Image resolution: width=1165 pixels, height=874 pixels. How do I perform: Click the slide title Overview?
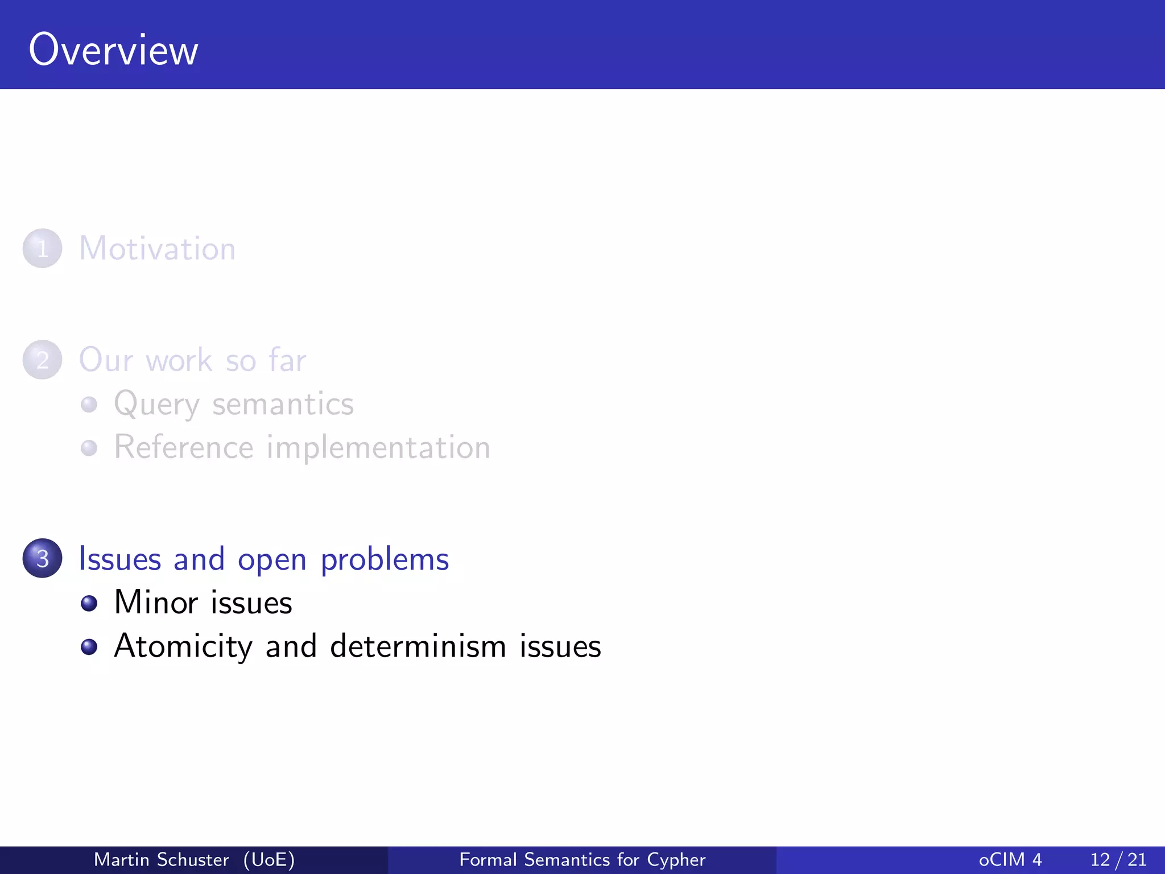click(x=113, y=50)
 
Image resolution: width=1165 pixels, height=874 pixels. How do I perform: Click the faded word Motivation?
click(x=157, y=249)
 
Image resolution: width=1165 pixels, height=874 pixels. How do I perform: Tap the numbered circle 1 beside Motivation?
click(x=42, y=249)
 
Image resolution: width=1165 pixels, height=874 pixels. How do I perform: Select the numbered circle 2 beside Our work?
click(x=42, y=360)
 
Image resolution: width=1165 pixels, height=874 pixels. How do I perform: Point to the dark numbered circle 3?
click(x=42, y=558)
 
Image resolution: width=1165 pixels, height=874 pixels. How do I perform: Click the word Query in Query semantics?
click(x=156, y=405)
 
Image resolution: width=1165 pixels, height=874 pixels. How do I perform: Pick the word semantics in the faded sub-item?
click(x=283, y=405)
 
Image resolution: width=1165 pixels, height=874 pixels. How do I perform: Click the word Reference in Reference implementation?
click(x=183, y=447)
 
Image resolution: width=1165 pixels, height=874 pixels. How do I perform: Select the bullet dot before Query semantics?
click(x=89, y=405)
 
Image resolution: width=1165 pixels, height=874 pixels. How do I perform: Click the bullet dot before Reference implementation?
click(x=89, y=448)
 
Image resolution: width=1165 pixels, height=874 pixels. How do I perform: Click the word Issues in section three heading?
click(x=119, y=559)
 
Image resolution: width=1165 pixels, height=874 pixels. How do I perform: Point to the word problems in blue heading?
click(x=385, y=560)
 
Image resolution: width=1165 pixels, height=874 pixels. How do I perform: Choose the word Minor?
click(x=156, y=603)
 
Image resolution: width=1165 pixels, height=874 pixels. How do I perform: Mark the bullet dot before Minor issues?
click(x=89, y=603)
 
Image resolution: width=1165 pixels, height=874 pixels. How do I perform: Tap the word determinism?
click(x=418, y=646)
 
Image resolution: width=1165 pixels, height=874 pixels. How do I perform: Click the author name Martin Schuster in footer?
click(x=161, y=860)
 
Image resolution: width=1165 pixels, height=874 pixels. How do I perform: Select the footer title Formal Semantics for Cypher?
click(x=582, y=860)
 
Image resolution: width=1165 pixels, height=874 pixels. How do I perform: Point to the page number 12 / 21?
click(x=1118, y=860)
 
